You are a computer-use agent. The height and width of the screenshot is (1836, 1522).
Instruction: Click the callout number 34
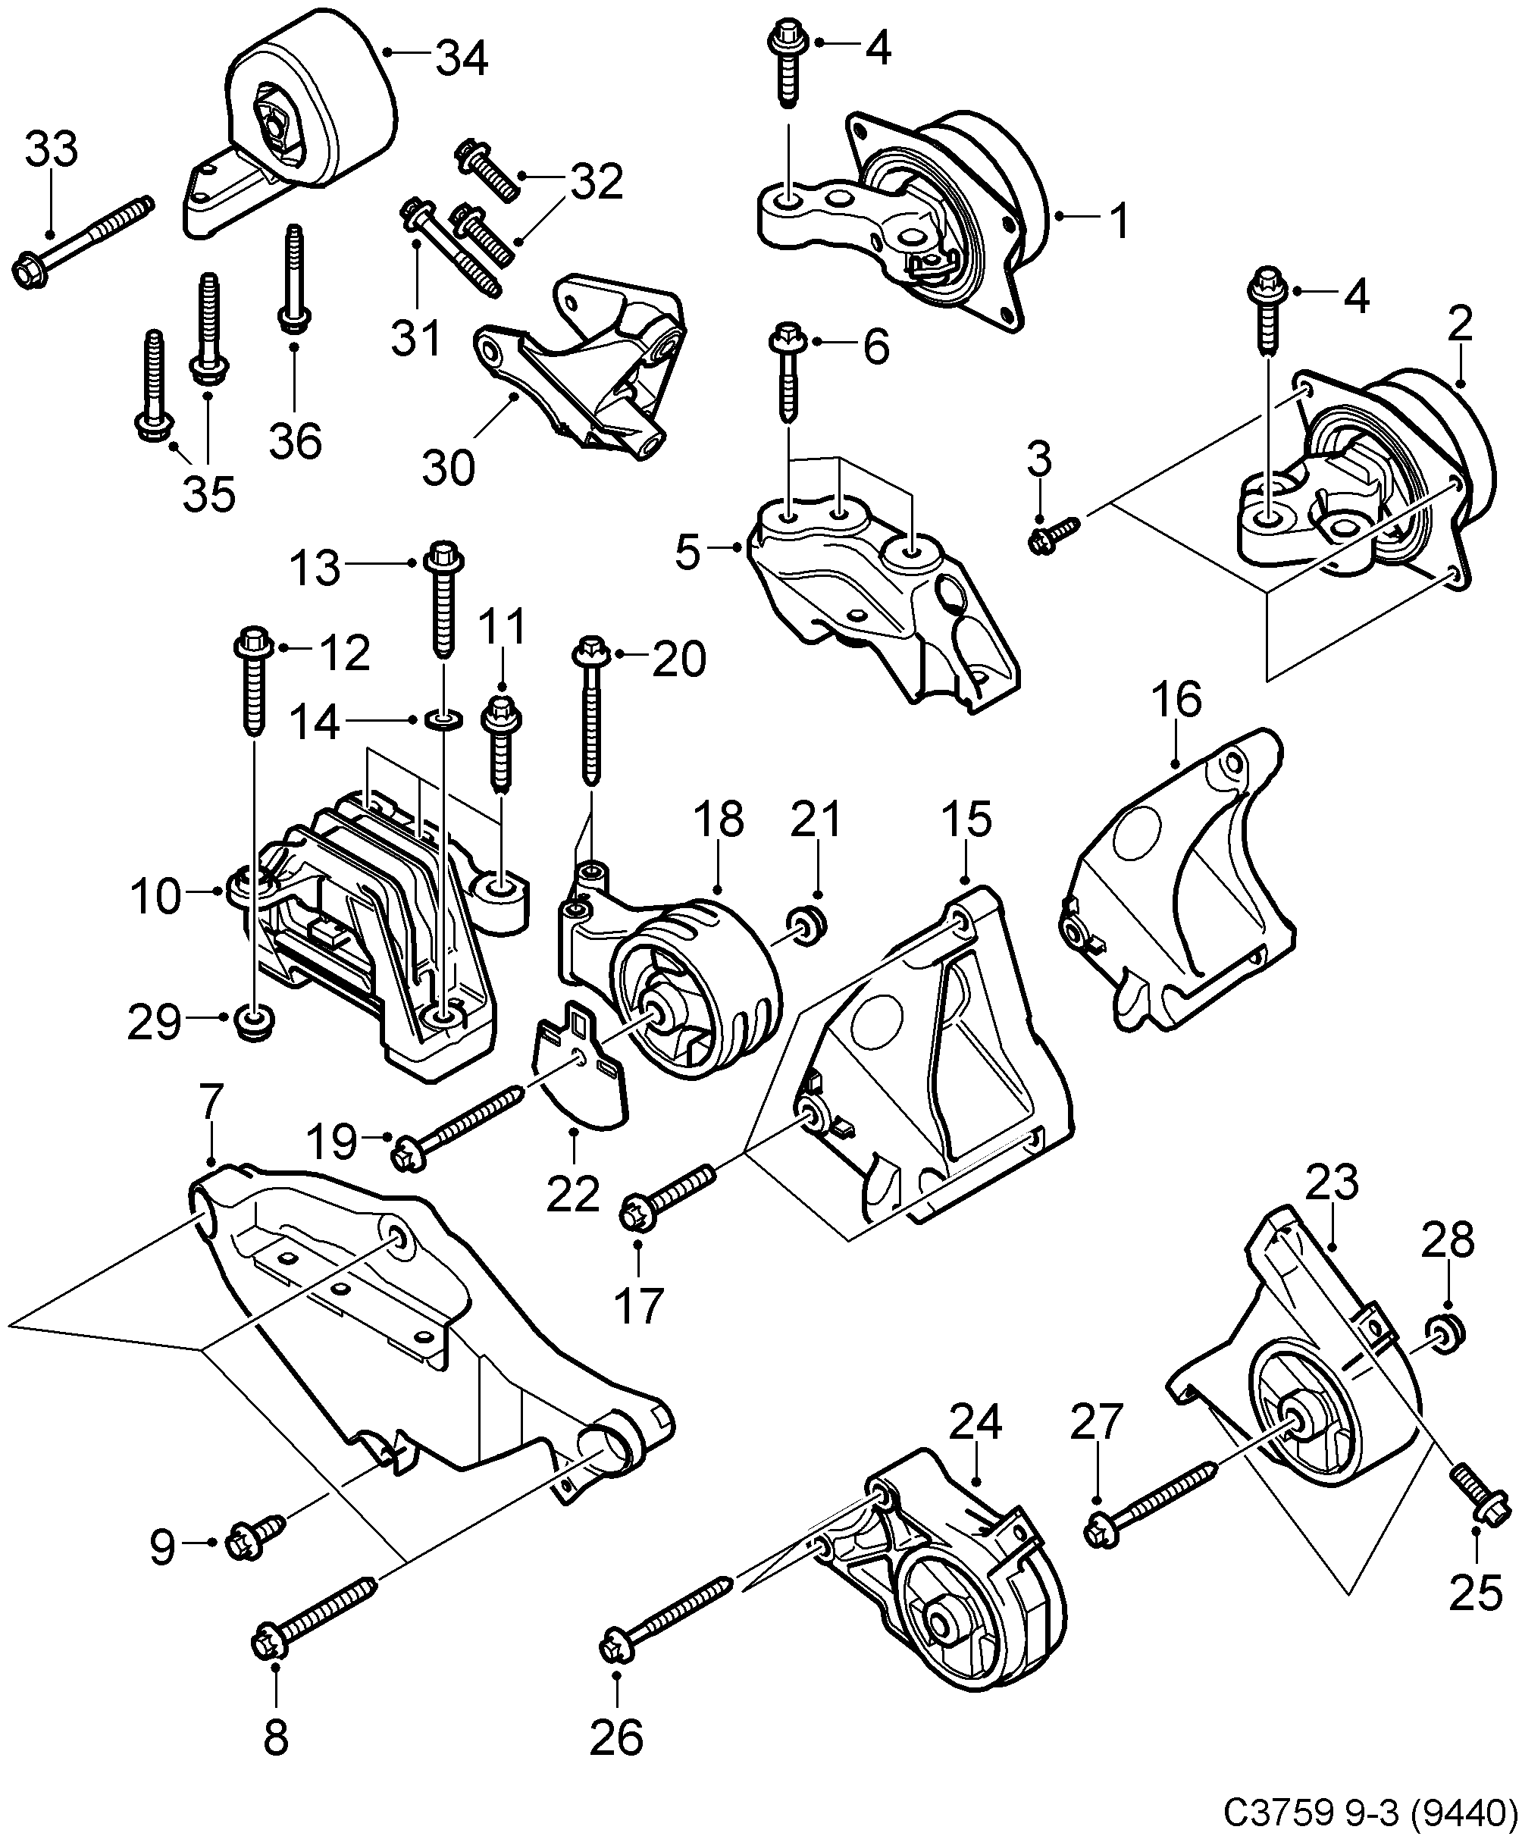[462, 58]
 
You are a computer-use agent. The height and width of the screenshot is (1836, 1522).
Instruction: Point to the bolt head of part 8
[274, 1643]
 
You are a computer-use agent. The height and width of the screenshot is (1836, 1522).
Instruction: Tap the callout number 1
[1119, 221]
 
